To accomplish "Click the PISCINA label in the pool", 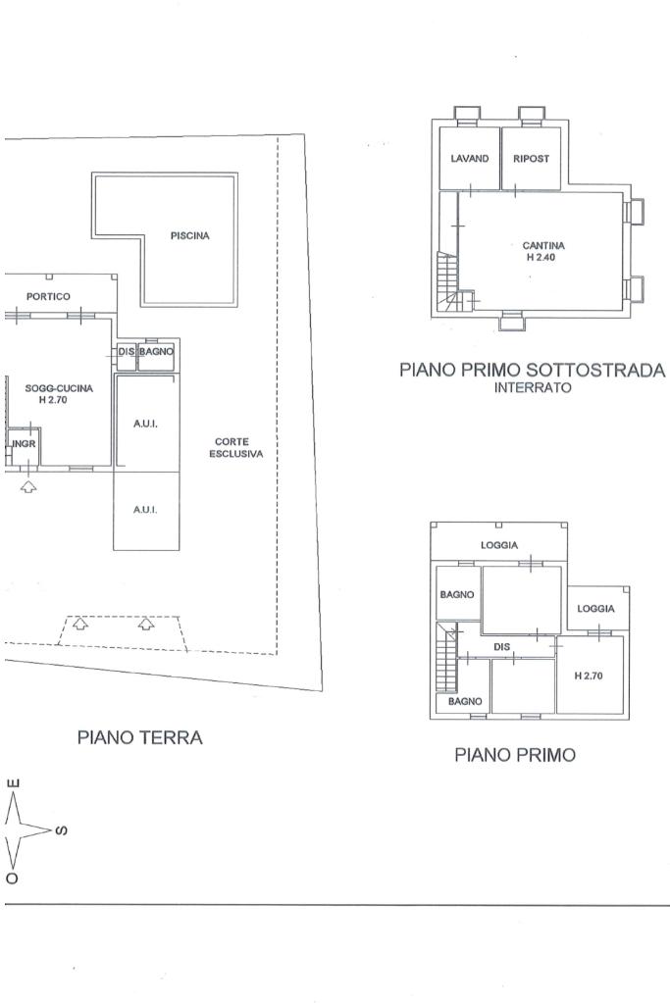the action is [x=189, y=235].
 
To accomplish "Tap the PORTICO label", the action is [x=48, y=296].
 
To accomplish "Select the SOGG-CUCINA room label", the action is [x=59, y=387].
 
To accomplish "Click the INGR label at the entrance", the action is [x=25, y=443].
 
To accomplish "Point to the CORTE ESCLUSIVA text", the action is [x=235, y=447].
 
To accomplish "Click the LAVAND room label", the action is [x=469, y=158].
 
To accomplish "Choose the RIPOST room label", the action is [x=531, y=158].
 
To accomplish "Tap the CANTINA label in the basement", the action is [x=543, y=245].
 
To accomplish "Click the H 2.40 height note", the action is [x=541, y=257].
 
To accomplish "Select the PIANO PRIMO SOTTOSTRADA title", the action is [x=533, y=370].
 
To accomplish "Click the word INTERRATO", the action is [x=533, y=387].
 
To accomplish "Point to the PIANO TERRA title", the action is [x=139, y=737].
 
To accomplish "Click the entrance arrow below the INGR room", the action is [x=28, y=486].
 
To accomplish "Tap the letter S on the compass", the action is [x=62, y=830].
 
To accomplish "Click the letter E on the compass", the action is [x=13, y=784].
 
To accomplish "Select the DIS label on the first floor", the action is [x=501, y=647].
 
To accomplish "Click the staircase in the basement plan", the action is [x=448, y=280].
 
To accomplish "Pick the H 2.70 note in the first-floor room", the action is [x=589, y=676].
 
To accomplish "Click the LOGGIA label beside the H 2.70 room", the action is [x=595, y=608].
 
